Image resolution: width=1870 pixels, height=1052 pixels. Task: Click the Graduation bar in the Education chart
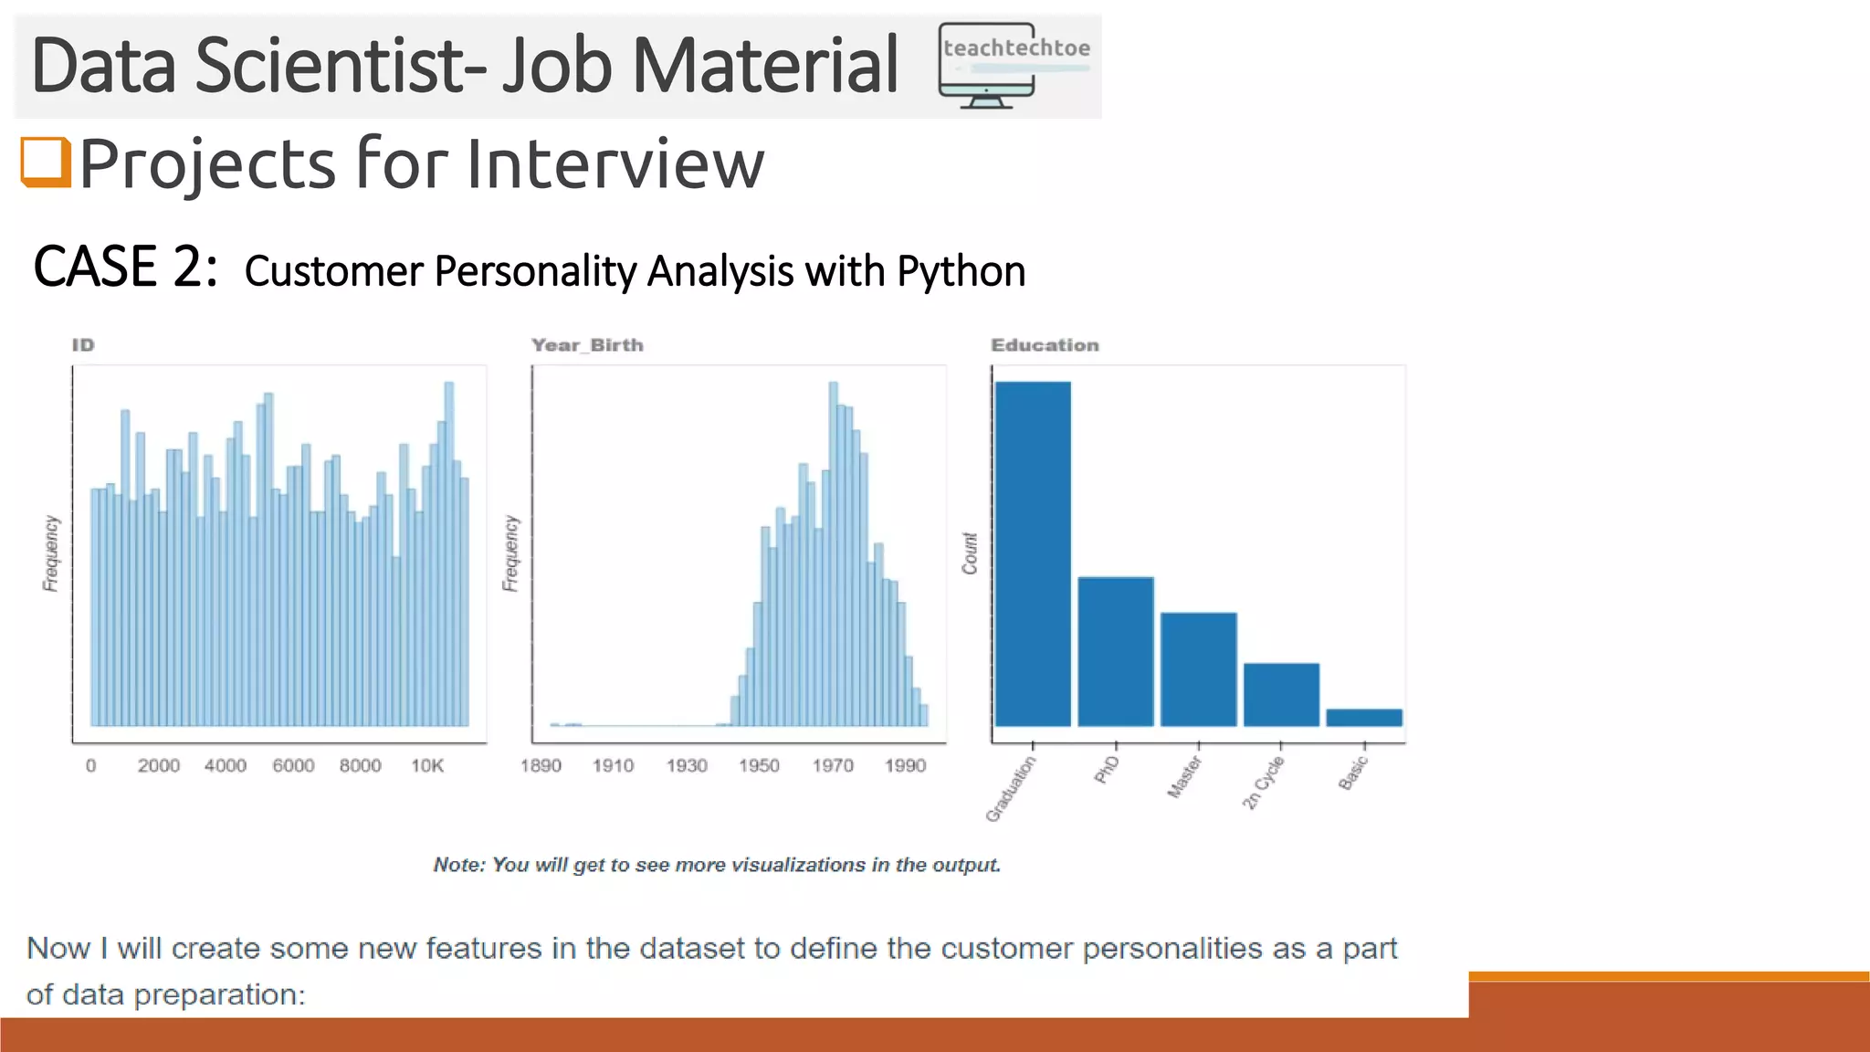click(1033, 553)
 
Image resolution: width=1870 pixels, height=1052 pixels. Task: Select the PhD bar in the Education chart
click(1115, 651)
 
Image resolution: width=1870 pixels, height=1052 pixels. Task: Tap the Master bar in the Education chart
click(1198, 668)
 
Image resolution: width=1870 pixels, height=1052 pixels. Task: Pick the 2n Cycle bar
click(1281, 694)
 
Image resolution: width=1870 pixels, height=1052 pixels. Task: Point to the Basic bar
click(1363, 717)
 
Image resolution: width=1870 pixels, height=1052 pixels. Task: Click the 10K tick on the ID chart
click(426, 765)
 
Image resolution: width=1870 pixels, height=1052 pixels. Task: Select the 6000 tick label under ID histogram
click(293, 765)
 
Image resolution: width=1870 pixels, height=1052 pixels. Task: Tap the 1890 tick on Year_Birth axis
click(541, 765)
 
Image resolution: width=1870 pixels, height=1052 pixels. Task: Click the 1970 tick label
click(833, 765)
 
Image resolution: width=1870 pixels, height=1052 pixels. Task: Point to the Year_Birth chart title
click(587, 345)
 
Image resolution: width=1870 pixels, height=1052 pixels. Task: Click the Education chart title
click(1045, 345)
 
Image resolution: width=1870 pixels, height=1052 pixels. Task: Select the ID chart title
click(83, 345)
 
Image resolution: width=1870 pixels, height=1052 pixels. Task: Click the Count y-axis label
click(970, 553)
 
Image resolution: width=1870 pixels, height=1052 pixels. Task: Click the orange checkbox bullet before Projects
click(46, 162)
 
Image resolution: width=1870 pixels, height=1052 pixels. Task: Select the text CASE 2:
click(125, 268)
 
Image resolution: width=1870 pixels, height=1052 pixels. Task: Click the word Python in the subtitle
click(961, 272)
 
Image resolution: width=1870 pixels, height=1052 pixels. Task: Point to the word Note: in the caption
click(459, 865)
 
